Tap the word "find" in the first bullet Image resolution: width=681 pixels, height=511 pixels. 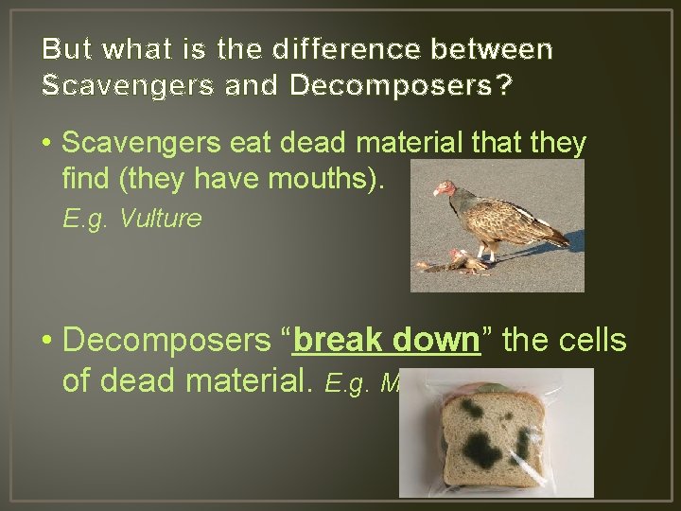coord(88,177)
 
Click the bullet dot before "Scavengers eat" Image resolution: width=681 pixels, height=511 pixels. coord(45,145)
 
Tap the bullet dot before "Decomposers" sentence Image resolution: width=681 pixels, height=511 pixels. coord(45,341)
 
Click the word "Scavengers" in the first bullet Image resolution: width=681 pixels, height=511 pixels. coord(127,144)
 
